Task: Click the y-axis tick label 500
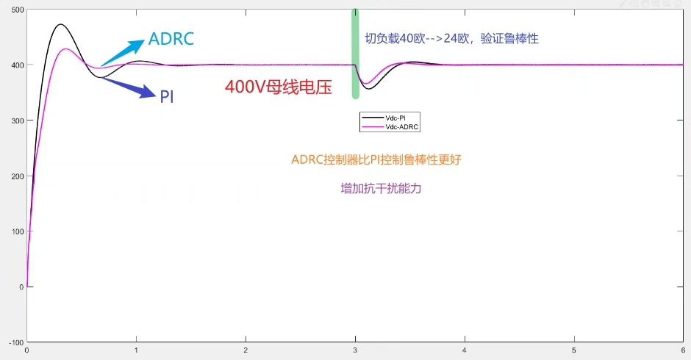click(15, 10)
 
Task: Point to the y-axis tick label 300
click(15, 120)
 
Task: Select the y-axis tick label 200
click(15, 176)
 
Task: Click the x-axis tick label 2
click(246, 350)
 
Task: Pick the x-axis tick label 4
click(465, 350)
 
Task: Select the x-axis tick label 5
click(574, 350)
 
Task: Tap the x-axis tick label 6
click(684, 350)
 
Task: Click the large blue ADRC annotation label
click(171, 39)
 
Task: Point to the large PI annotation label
click(167, 96)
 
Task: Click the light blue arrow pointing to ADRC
click(121, 53)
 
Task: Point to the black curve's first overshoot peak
click(60, 24)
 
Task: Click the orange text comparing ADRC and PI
click(376, 159)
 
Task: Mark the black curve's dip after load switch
click(370, 89)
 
